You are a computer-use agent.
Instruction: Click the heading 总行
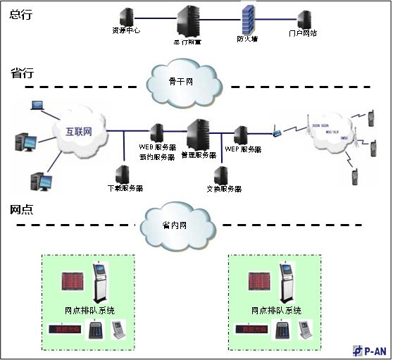coord(22,13)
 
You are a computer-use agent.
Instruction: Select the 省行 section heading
coord(22,73)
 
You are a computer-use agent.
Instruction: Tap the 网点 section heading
coord(22,210)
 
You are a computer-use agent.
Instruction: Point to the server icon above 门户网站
coord(304,19)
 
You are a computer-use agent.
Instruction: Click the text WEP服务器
coord(243,149)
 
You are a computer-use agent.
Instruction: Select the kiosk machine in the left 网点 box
coord(100,280)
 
